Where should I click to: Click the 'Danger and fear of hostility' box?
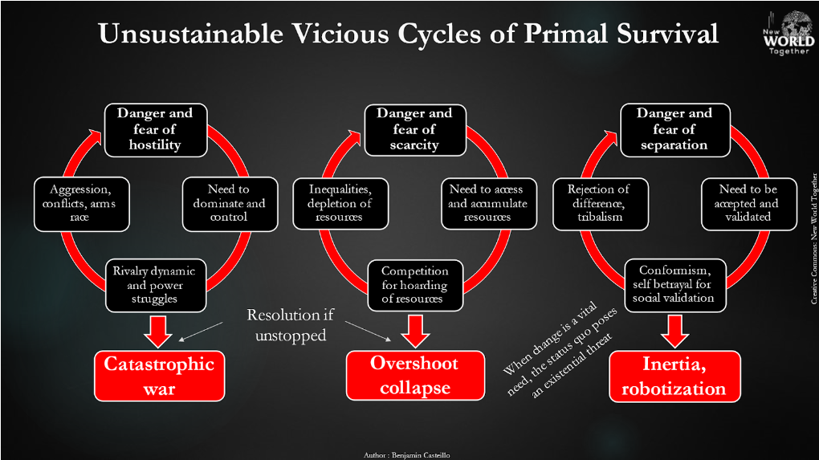(155, 128)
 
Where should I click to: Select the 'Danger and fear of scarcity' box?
(414, 128)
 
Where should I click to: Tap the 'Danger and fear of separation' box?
(674, 128)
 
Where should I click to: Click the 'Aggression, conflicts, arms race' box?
(80, 203)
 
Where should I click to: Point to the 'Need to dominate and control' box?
(229, 203)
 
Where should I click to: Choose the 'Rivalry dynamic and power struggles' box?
(154, 284)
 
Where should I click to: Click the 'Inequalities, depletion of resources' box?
(340, 203)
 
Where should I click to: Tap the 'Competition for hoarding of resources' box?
(415, 285)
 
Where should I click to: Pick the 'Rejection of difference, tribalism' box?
(599, 203)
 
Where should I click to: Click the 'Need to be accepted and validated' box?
(748, 203)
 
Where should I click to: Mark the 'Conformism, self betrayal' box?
(674, 284)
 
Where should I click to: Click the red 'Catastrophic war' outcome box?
(159, 376)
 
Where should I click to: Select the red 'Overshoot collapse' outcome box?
(415, 375)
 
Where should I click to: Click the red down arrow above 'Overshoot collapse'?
(415, 330)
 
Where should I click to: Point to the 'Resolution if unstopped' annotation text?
(290, 324)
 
